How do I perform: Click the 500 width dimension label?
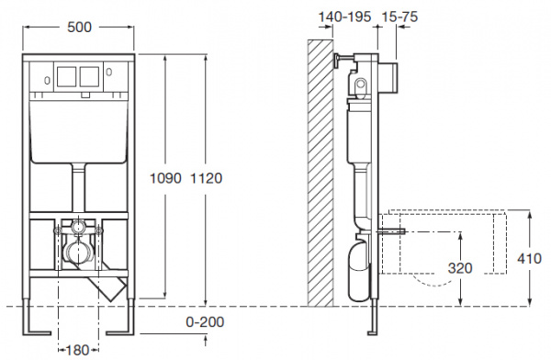coord(79,27)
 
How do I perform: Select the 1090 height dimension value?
coord(165,178)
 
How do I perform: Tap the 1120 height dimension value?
coord(207,178)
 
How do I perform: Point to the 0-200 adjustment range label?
coord(205,321)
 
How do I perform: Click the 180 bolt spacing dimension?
coord(78,350)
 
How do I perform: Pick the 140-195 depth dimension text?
coord(344,17)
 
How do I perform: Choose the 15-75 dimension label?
coord(399,17)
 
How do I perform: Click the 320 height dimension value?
coord(460,268)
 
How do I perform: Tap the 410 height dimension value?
coord(529,259)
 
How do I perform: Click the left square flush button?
coord(67,76)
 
